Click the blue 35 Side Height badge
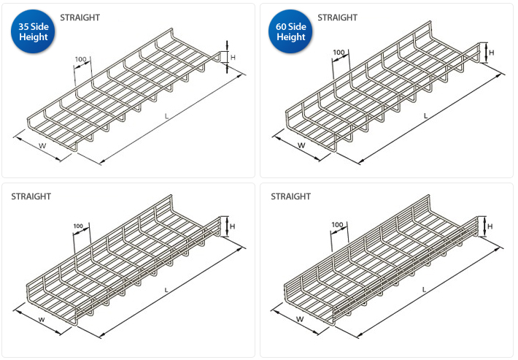pos(31,31)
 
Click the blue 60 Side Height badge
pos(290,31)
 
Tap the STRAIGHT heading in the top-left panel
pos(80,16)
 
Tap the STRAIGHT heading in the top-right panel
pos(338,16)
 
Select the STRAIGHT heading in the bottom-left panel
pos(31,196)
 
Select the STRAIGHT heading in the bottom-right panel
pos(290,196)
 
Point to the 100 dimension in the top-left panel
pos(80,58)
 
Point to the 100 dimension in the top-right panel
pos(339,53)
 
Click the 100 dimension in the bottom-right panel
pos(337,224)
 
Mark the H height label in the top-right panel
pos(492,53)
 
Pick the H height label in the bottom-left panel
pos(232,226)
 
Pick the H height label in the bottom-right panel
pos(490,226)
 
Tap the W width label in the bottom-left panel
pos(41,318)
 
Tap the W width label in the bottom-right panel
pos(300,319)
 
